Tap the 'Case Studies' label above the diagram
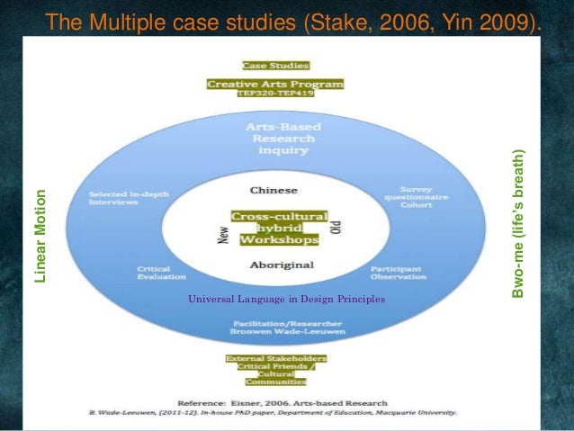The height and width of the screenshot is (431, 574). coord(276,66)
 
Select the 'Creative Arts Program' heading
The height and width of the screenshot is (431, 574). coord(276,84)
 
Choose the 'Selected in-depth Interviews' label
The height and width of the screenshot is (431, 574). coord(114,199)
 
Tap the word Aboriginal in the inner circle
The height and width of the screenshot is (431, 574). coord(275,265)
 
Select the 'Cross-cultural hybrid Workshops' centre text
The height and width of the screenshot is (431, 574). coord(275,229)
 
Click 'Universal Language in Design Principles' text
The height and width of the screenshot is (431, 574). coord(286,298)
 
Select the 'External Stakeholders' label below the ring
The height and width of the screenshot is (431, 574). coord(276,359)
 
